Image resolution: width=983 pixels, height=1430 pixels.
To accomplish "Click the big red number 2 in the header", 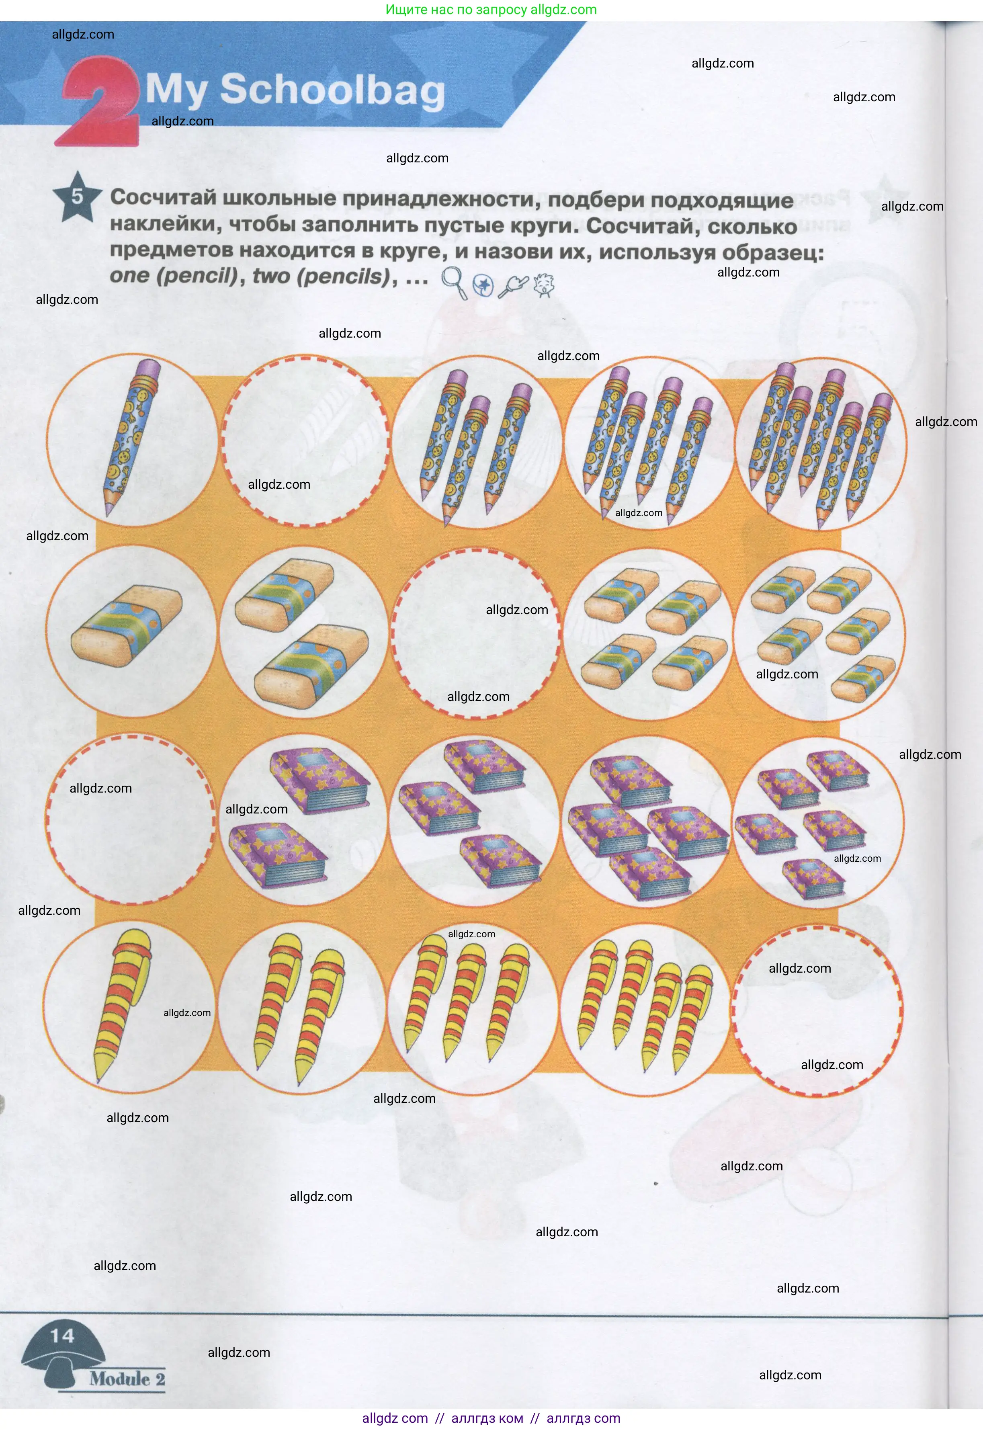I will pos(98,102).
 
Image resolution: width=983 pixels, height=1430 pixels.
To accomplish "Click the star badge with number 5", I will pos(77,197).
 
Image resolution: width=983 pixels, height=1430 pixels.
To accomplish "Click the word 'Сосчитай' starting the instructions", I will pos(163,198).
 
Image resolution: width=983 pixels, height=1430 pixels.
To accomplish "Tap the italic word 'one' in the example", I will pos(129,275).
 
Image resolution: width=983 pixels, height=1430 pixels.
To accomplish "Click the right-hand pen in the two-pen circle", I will pos(320,1015).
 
